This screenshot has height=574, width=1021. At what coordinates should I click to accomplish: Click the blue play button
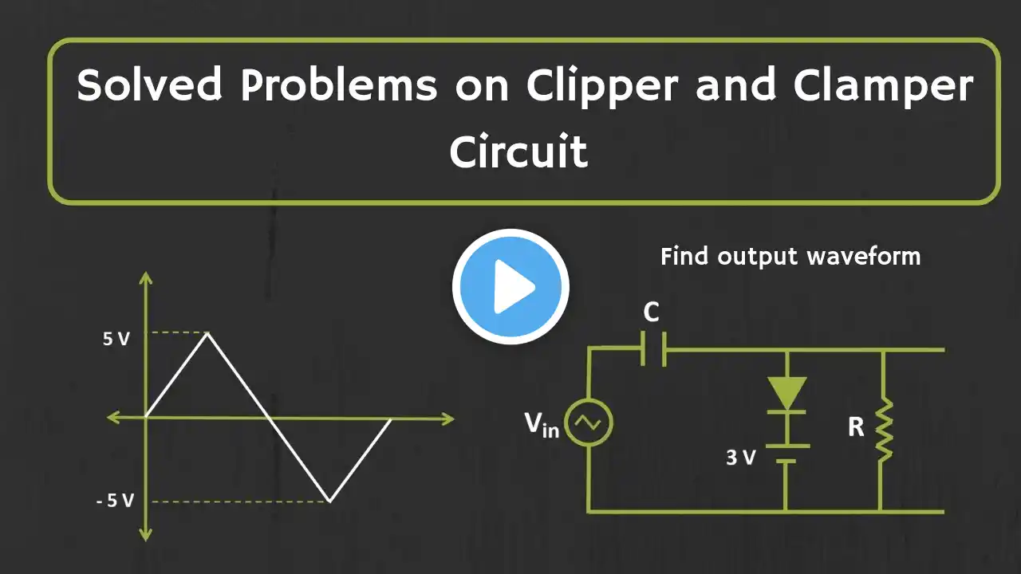[x=510, y=287]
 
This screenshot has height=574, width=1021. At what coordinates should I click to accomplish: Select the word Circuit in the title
[x=518, y=151]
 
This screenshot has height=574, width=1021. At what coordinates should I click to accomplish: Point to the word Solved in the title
[x=148, y=85]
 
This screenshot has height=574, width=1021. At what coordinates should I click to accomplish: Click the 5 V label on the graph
[x=116, y=339]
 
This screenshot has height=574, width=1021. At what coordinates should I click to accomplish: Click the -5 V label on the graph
[x=115, y=501]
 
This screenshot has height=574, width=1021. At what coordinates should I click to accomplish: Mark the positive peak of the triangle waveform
[x=208, y=333]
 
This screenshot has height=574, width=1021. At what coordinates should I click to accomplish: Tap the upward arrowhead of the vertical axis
[x=145, y=278]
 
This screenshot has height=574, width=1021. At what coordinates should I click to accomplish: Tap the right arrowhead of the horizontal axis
[x=447, y=418]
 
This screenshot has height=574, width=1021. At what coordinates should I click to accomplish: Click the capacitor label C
[x=652, y=313]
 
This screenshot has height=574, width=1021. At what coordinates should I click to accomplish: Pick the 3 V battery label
[x=740, y=458]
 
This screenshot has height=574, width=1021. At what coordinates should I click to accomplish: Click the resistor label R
[x=856, y=427]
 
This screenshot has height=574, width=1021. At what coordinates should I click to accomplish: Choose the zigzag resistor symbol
[x=883, y=431]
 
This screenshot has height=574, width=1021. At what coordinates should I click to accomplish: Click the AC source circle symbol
[x=589, y=423]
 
